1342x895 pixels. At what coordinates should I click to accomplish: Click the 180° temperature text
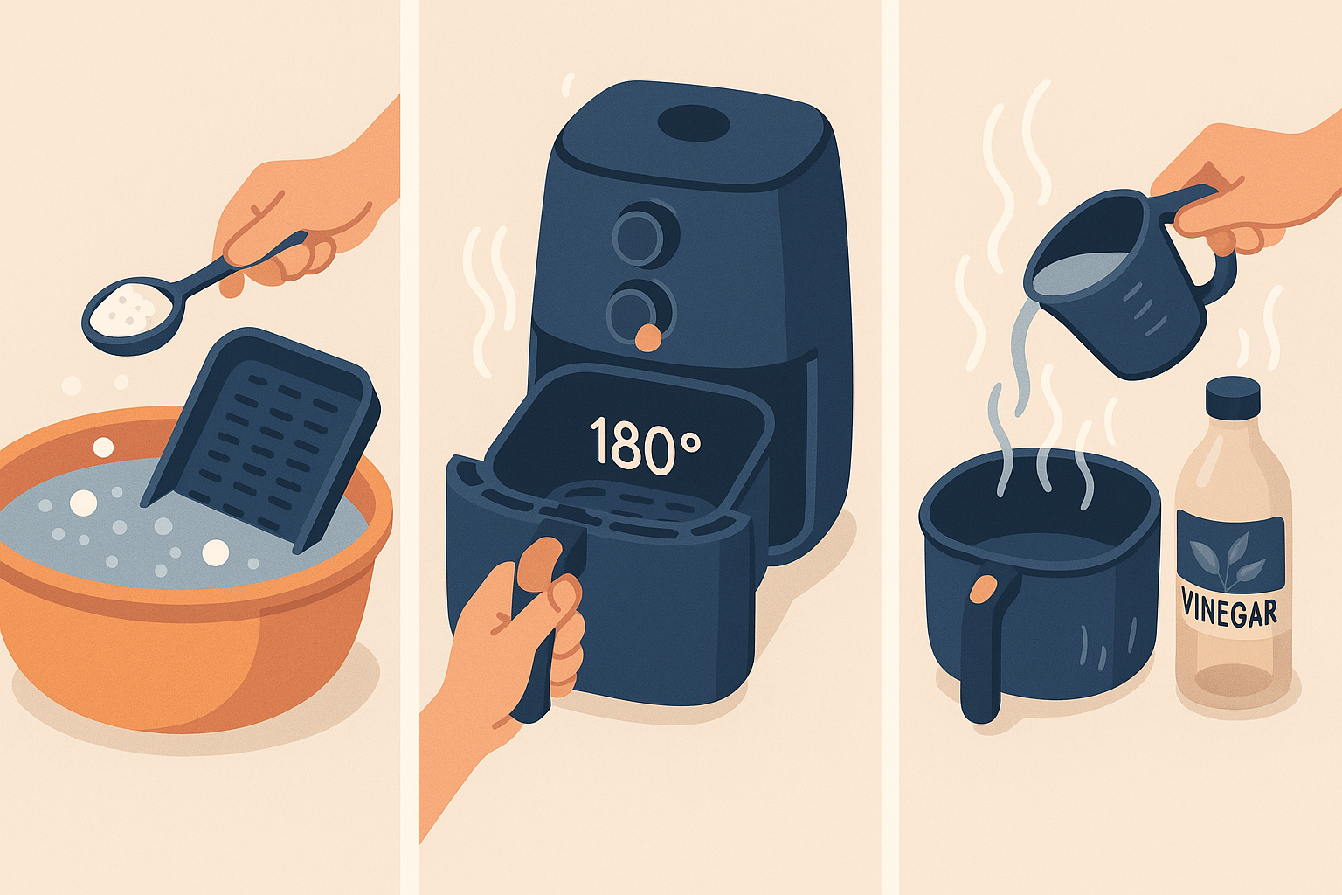coord(644,446)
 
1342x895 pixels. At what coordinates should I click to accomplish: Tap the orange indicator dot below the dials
coord(648,337)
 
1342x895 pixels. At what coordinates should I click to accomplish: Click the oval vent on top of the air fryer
coord(693,123)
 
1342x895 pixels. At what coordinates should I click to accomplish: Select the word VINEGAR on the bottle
coord(1229,607)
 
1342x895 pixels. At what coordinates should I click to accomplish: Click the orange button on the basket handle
coord(984,588)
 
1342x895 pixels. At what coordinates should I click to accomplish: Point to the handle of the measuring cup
coord(1204,239)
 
